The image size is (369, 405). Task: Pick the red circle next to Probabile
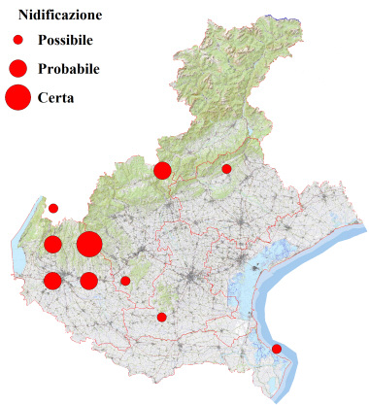click(17, 68)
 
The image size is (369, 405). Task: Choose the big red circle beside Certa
click(17, 97)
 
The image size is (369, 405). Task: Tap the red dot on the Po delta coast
click(277, 349)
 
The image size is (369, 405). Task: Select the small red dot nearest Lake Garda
click(53, 208)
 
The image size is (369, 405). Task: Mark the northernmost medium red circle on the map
click(162, 171)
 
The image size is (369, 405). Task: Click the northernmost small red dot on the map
click(226, 169)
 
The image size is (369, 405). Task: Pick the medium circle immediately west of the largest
click(53, 244)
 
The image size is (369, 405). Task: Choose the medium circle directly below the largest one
click(89, 281)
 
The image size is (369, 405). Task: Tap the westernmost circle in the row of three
click(53, 281)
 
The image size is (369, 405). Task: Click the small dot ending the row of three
click(125, 281)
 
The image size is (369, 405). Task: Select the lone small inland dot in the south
click(162, 317)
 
